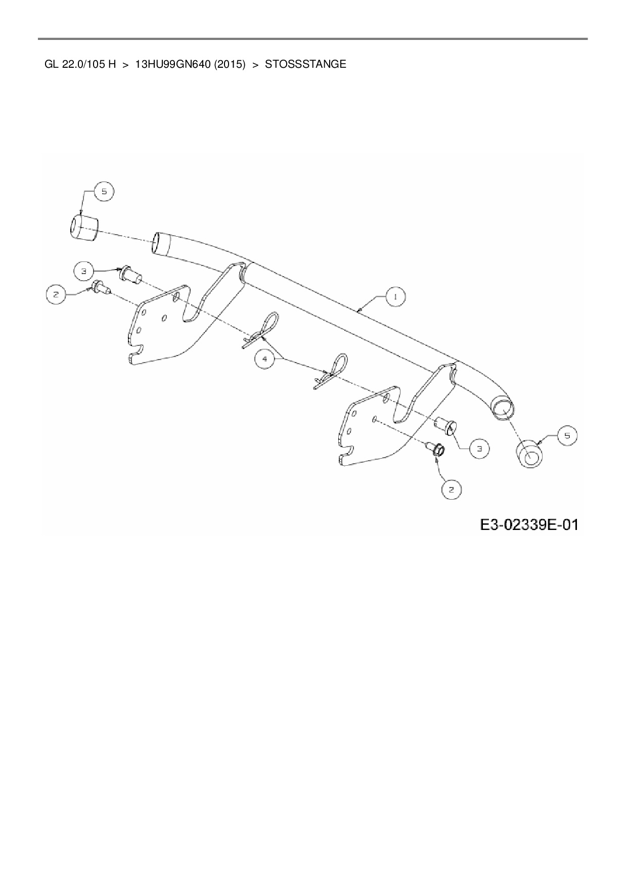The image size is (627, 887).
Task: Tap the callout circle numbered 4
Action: click(x=265, y=359)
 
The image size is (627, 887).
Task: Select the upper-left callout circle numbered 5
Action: click(x=104, y=192)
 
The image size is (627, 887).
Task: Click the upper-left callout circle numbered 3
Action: click(x=84, y=271)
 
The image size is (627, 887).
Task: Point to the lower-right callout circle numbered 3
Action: click(x=479, y=448)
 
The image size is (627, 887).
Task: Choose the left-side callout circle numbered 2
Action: click(x=56, y=294)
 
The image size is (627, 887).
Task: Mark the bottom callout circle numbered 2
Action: click(x=452, y=489)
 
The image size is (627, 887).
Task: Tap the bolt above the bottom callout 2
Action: click(x=436, y=449)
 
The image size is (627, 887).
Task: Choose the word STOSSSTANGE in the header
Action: click(x=305, y=64)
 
